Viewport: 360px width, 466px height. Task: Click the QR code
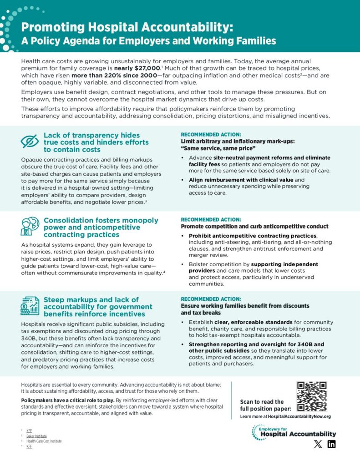coord(312,396)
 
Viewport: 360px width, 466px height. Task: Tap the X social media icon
coord(318,444)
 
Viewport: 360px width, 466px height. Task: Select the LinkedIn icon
coord(331,444)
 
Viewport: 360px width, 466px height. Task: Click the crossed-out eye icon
coord(30,142)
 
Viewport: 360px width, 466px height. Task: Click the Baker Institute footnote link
coord(36,436)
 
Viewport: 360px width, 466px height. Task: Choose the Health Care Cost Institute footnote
coord(44,441)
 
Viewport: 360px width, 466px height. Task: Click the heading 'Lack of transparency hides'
coord(91,135)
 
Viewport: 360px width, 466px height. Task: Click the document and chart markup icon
coord(30,305)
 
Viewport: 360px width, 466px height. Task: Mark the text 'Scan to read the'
coord(262,402)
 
